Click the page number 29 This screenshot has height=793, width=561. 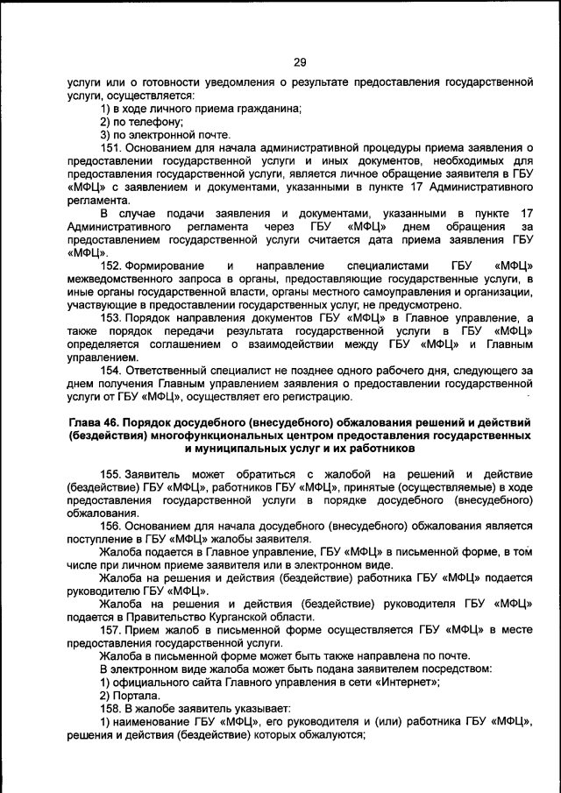coord(299,61)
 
